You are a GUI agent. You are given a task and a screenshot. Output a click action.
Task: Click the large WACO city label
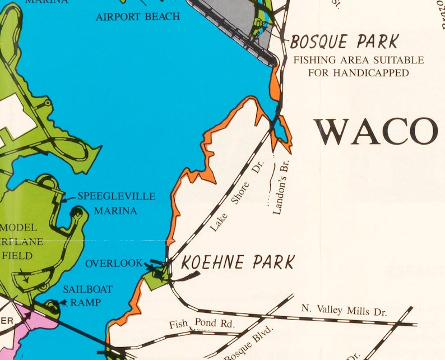pyautogui.click(x=376, y=132)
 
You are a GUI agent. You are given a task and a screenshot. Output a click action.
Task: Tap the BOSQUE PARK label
pyautogui.click(x=344, y=41)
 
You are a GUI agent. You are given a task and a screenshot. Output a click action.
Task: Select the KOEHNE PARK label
pyautogui.click(x=238, y=262)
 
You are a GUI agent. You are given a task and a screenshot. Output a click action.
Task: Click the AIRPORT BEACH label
pyautogui.click(x=138, y=16)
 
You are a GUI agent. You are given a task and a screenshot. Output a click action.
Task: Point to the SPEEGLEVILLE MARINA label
pyautogui.click(x=116, y=204)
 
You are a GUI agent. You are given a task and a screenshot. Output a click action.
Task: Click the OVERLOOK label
pyautogui.click(x=114, y=263)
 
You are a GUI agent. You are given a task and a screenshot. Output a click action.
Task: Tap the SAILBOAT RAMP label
pyautogui.click(x=87, y=296)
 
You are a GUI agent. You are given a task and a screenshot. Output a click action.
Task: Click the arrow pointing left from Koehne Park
pyautogui.click(x=184, y=276)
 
